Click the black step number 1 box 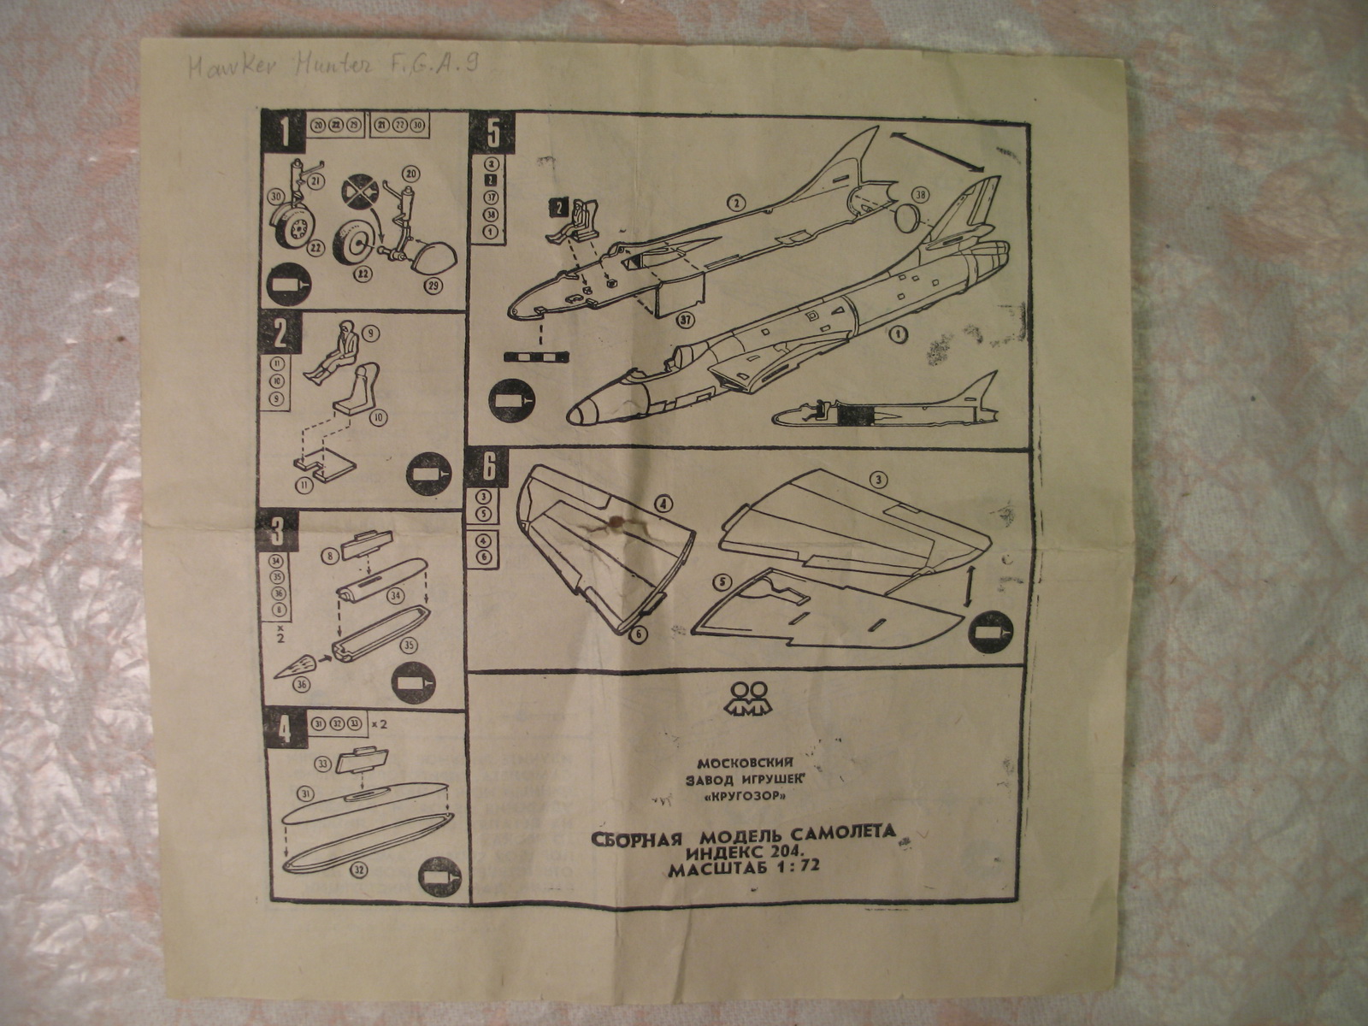(281, 132)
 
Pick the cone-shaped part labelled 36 (297, 664)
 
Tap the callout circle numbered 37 (683, 321)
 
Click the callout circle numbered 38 (919, 196)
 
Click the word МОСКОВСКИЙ (747, 763)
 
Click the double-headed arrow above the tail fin (938, 149)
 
